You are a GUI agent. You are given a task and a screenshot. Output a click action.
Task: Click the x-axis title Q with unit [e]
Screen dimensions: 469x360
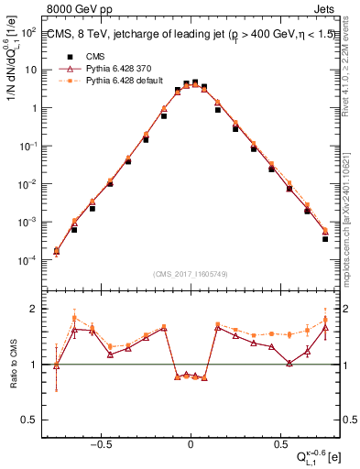pyautogui.click(x=317, y=456)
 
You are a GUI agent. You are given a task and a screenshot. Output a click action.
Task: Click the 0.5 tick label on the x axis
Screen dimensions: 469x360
pyautogui.click(x=278, y=440)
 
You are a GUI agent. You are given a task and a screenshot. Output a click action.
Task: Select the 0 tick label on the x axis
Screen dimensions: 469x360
pyautogui.click(x=190, y=440)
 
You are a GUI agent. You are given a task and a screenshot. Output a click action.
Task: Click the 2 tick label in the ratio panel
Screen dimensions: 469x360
pyautogui.click(x=33, y=309)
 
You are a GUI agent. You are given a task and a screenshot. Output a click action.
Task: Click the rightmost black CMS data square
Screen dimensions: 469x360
pyautogui.click(x=325, y=238)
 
